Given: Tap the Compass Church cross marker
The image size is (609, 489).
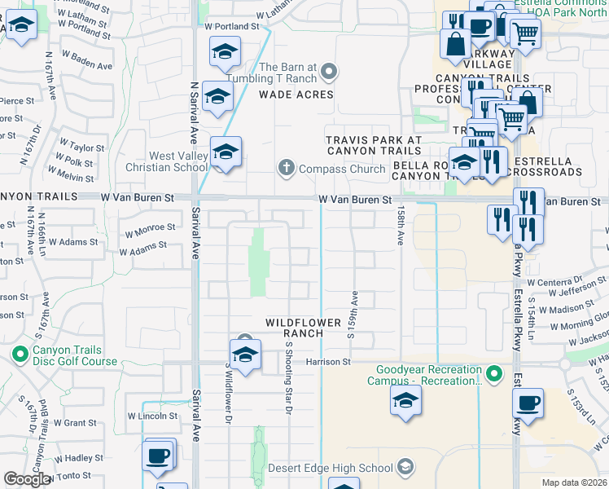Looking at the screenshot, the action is coord(286,169).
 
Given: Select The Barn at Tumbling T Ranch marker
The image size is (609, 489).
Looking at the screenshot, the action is coord(329,73).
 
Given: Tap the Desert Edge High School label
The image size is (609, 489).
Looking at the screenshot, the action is coord(331,468).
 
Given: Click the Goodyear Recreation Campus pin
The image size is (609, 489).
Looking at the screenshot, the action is coord(493,374).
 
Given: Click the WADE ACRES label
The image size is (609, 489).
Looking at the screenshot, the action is coord(296,95).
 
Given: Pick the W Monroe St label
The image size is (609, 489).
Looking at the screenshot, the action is coord(150,227).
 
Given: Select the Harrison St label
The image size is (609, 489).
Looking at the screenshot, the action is coord(328,361).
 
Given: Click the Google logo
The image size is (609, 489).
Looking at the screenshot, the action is coord(27,479).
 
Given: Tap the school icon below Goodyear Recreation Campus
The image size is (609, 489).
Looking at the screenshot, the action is coord(405,399).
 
